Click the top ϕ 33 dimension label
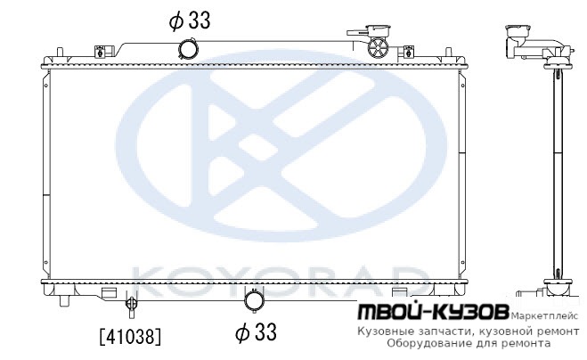coord(190,20)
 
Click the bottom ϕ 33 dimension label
coord(256,332)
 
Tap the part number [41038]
coord(131,336)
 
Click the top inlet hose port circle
coord(188,49)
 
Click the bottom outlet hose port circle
coord(254,300)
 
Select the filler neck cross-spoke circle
coord(378,48)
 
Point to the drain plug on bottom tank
coord(131,306)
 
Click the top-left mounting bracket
coord(104,51)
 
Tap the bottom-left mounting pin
coord(65,301)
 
